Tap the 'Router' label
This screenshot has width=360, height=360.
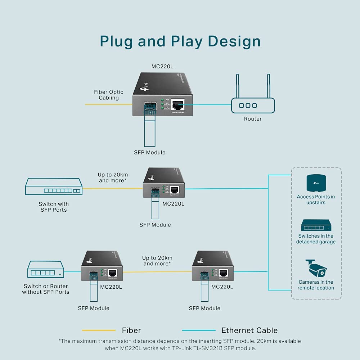253,119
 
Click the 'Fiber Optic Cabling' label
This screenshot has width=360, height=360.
109,95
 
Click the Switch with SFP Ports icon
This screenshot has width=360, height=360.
54,187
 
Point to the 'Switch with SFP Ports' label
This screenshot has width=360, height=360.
53,207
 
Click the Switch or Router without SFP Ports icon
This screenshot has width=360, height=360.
46,270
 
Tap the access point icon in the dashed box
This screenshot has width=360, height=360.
316,183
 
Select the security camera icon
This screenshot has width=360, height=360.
316,268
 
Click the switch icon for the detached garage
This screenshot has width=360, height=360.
316,225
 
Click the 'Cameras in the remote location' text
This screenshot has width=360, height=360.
316,285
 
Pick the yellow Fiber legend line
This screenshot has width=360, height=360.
99,330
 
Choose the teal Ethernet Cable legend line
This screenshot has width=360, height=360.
199,330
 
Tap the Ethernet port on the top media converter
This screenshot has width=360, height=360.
177,105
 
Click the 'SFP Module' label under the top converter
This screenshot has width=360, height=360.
150,152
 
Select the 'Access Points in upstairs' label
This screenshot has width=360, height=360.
316,199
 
